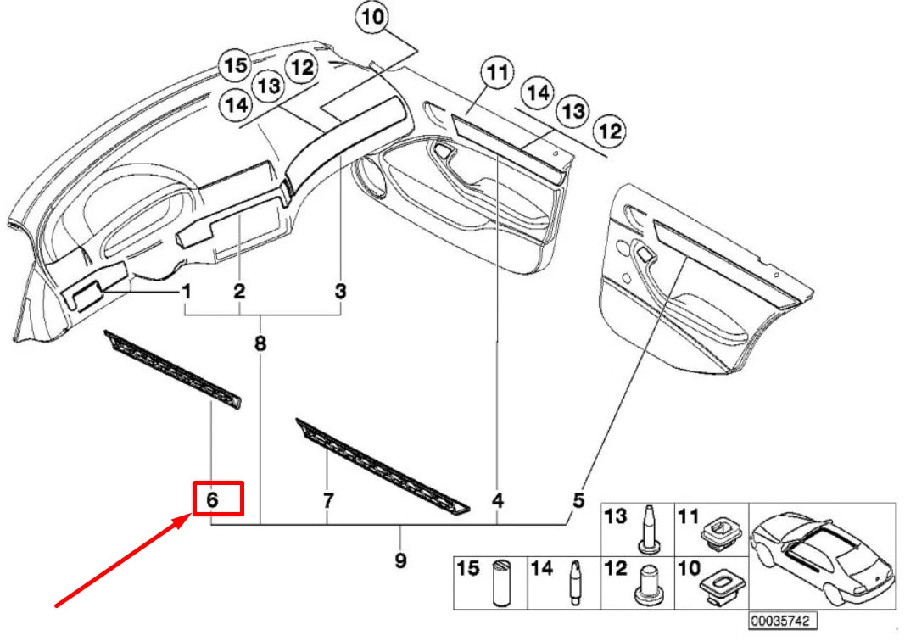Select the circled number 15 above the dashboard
point(235,65)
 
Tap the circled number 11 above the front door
point(497,72)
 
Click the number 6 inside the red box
point(213,500)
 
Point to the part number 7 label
point(327,500)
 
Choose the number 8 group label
point(260,343)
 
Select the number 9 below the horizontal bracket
point(400,560)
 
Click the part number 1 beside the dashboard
point(185,292)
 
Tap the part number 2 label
point(240,292)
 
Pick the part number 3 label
point(340,292)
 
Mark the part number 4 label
point(498,500)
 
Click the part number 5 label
point(578,500)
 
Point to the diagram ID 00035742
point(782,621)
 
